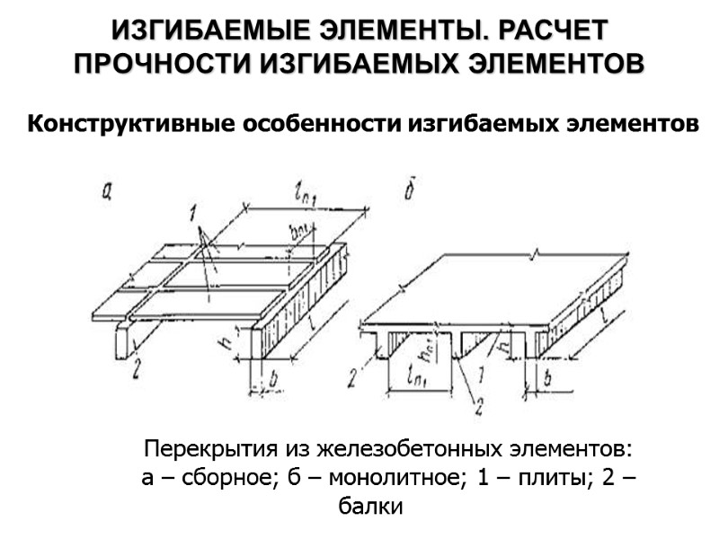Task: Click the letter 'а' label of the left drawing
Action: coord(107,190)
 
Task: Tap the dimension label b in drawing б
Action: coord(546,380)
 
